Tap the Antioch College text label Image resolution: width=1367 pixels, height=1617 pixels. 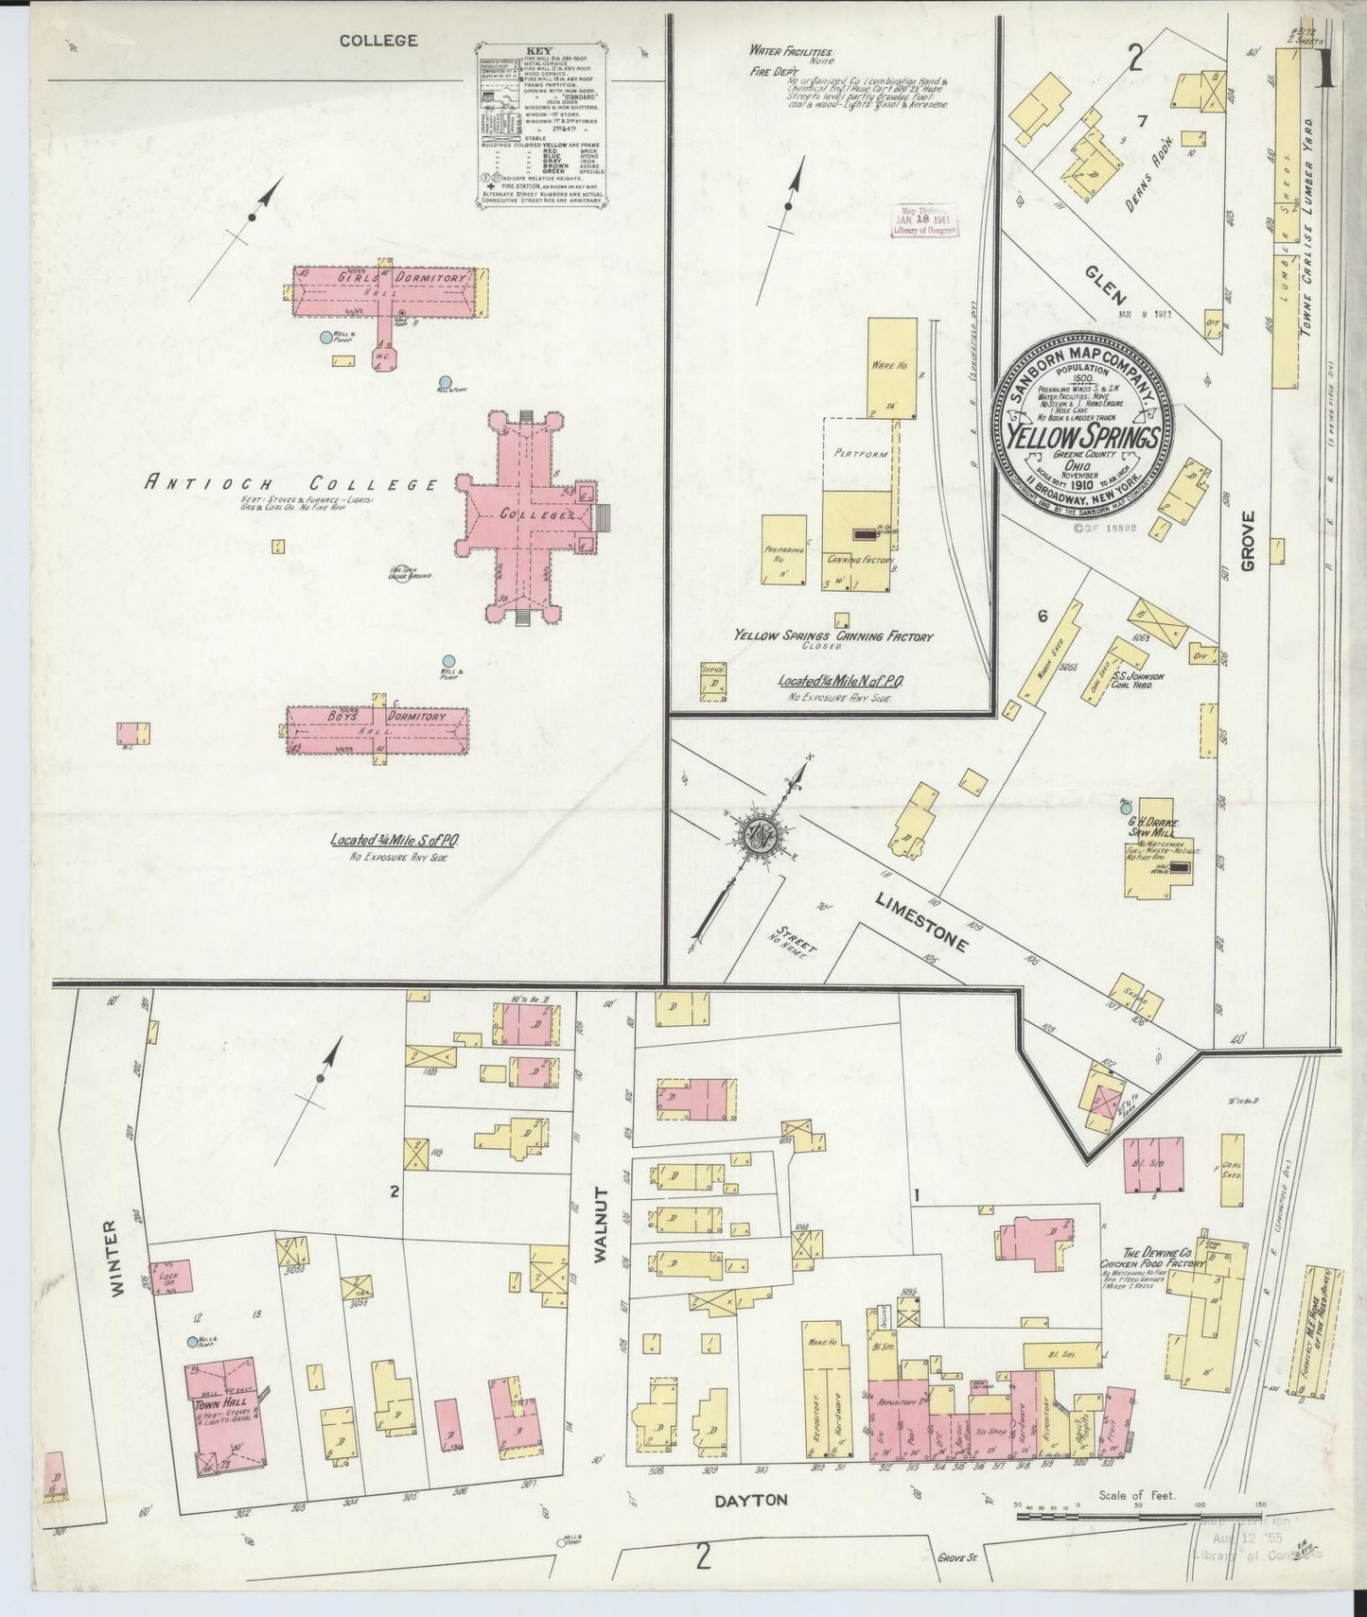290,482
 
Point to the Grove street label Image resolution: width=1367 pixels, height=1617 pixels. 1247,541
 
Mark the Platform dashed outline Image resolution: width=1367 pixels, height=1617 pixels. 859,454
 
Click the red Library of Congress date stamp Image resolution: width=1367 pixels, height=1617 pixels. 926,219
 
